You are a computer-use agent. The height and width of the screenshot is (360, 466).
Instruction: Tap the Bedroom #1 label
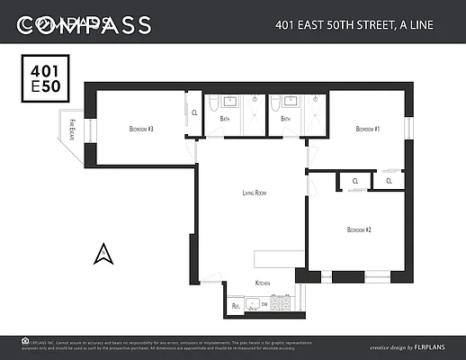click(367, 130)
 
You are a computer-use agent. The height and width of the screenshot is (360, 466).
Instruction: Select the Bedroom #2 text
click(359, 229)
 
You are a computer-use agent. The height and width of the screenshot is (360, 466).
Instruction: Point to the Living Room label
click(255, 193)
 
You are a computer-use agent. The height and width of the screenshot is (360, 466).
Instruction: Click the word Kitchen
click(263, 283)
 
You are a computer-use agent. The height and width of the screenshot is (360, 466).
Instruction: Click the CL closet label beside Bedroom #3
click(194, 113)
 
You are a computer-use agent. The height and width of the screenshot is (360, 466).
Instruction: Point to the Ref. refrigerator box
click(236, 306)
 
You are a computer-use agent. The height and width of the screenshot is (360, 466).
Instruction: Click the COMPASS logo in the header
click(85, 25)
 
